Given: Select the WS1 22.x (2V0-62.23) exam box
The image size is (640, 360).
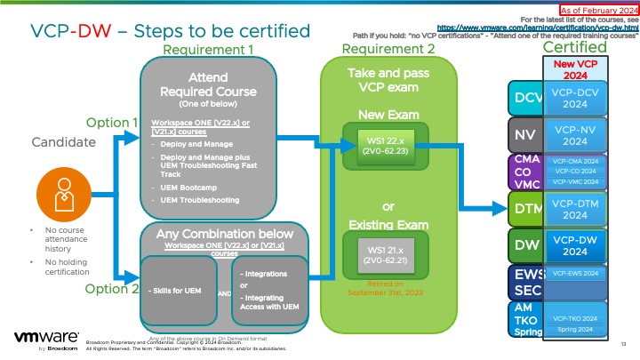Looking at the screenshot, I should pos(385,145).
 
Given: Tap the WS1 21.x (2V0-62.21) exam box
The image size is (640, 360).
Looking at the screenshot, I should pos(385,254).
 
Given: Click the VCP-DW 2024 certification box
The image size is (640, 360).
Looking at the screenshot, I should pos(575,244).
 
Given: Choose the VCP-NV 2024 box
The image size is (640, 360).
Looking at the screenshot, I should pos(575,135).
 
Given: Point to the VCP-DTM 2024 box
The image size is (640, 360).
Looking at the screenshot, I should pos(575,208).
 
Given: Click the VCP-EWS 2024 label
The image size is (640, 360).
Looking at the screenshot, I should pos(575,274).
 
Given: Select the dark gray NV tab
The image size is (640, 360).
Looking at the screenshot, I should pos(524,135).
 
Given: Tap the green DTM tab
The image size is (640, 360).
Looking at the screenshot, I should pos(525,209).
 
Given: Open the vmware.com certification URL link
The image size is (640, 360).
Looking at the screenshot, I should pos(550,28).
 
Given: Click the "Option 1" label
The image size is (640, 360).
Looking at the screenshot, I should pos(112,122).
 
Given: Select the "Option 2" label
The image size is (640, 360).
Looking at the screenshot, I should pos(112,289).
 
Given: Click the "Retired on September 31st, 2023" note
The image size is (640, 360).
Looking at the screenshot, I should pos(385,289).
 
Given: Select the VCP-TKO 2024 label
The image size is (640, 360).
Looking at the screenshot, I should pos(575,317).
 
